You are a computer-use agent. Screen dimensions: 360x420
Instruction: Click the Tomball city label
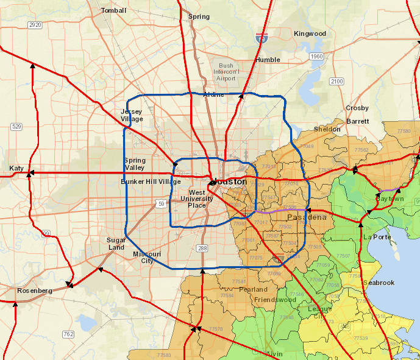point(113,10)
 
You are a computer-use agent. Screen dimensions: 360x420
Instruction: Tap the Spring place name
point(199,17)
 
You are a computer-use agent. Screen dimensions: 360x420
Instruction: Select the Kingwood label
point(310,34)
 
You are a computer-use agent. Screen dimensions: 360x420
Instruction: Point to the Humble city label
point(268,60)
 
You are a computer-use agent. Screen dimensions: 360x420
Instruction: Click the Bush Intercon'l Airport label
point(226,72)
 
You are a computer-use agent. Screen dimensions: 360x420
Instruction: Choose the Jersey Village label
point(132,115)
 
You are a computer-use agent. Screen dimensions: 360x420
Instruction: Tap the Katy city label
point(16,168)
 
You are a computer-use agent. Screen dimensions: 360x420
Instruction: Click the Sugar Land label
point(115,244)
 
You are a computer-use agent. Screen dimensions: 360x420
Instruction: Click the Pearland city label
point(253,289)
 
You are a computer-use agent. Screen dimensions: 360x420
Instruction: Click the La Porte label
point(376,236)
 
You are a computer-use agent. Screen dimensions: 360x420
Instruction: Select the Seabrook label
point(379,283)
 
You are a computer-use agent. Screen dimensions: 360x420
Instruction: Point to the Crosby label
point(357,108)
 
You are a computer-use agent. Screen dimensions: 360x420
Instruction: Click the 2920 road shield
point(35,25)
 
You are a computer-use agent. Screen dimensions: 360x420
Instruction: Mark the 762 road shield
point(68,334)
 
